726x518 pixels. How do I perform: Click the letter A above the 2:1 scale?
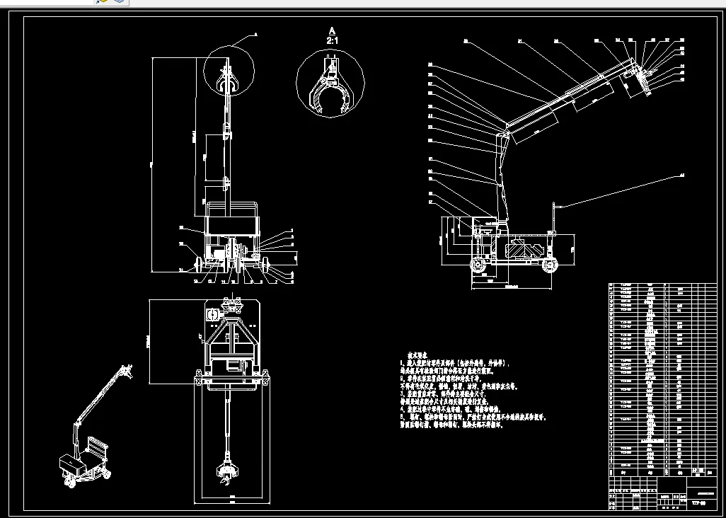click(331, 30)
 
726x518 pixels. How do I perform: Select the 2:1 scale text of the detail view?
click(331, 41)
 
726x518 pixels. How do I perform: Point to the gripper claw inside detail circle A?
click(330, 89)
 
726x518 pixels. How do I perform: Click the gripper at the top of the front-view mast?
click(228, 80)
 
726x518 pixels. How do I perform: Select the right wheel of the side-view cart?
click(550, 265)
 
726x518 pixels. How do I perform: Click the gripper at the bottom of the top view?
click(226, 473)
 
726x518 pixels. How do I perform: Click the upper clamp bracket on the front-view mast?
click(226, 130)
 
